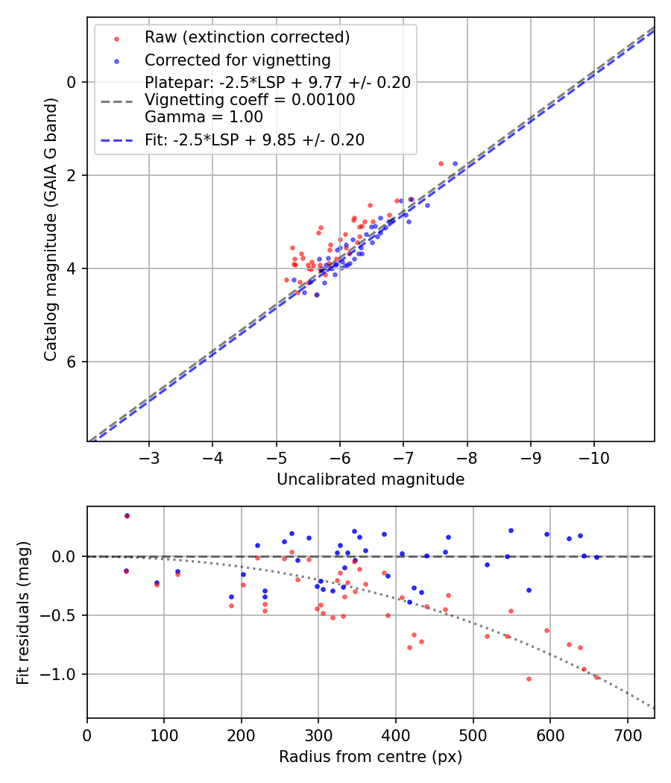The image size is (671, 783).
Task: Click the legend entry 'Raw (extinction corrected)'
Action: tap(247, 37)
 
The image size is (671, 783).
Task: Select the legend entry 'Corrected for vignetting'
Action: tap(238, 60)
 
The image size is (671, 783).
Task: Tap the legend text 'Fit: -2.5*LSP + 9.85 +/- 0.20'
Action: tap(254, 140)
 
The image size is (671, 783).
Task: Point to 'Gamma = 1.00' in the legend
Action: tap(204, 116)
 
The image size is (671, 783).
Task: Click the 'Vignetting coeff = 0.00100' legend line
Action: tap(250, 99)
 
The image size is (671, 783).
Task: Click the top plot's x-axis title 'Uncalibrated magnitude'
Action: tap(371, 479)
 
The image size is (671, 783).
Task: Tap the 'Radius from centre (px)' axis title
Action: tap(371, 757)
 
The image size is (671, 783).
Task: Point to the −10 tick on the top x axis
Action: tap(593, 457)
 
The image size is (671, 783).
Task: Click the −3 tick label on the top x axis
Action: tap(149, 457)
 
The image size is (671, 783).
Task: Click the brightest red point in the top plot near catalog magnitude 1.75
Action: tap(441, 163)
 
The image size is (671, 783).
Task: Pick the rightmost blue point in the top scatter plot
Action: tap(455, 163)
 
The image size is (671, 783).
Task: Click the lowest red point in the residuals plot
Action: tap(529, 679)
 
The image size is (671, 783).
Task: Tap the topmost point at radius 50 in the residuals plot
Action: tap(127, 515)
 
